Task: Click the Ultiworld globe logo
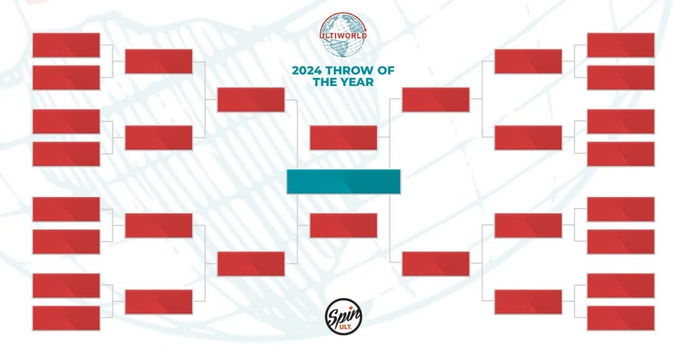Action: (343, 35)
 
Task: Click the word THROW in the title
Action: (351, 70)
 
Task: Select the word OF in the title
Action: (387, 70)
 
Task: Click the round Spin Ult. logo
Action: (343, 316)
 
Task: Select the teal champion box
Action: (343, 181)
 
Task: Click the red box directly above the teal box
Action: (343, 138)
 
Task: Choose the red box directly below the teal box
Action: (343, 226)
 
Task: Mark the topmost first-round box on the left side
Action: (66, 45)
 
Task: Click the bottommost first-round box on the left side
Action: (66, 318)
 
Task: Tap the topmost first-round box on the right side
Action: (621, 45)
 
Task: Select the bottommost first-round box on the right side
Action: (621, 318)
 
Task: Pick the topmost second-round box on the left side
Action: (158, 62)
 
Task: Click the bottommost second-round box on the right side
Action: (528, 302)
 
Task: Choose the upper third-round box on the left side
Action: (251, 100)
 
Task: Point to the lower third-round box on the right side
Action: (436, 264)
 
